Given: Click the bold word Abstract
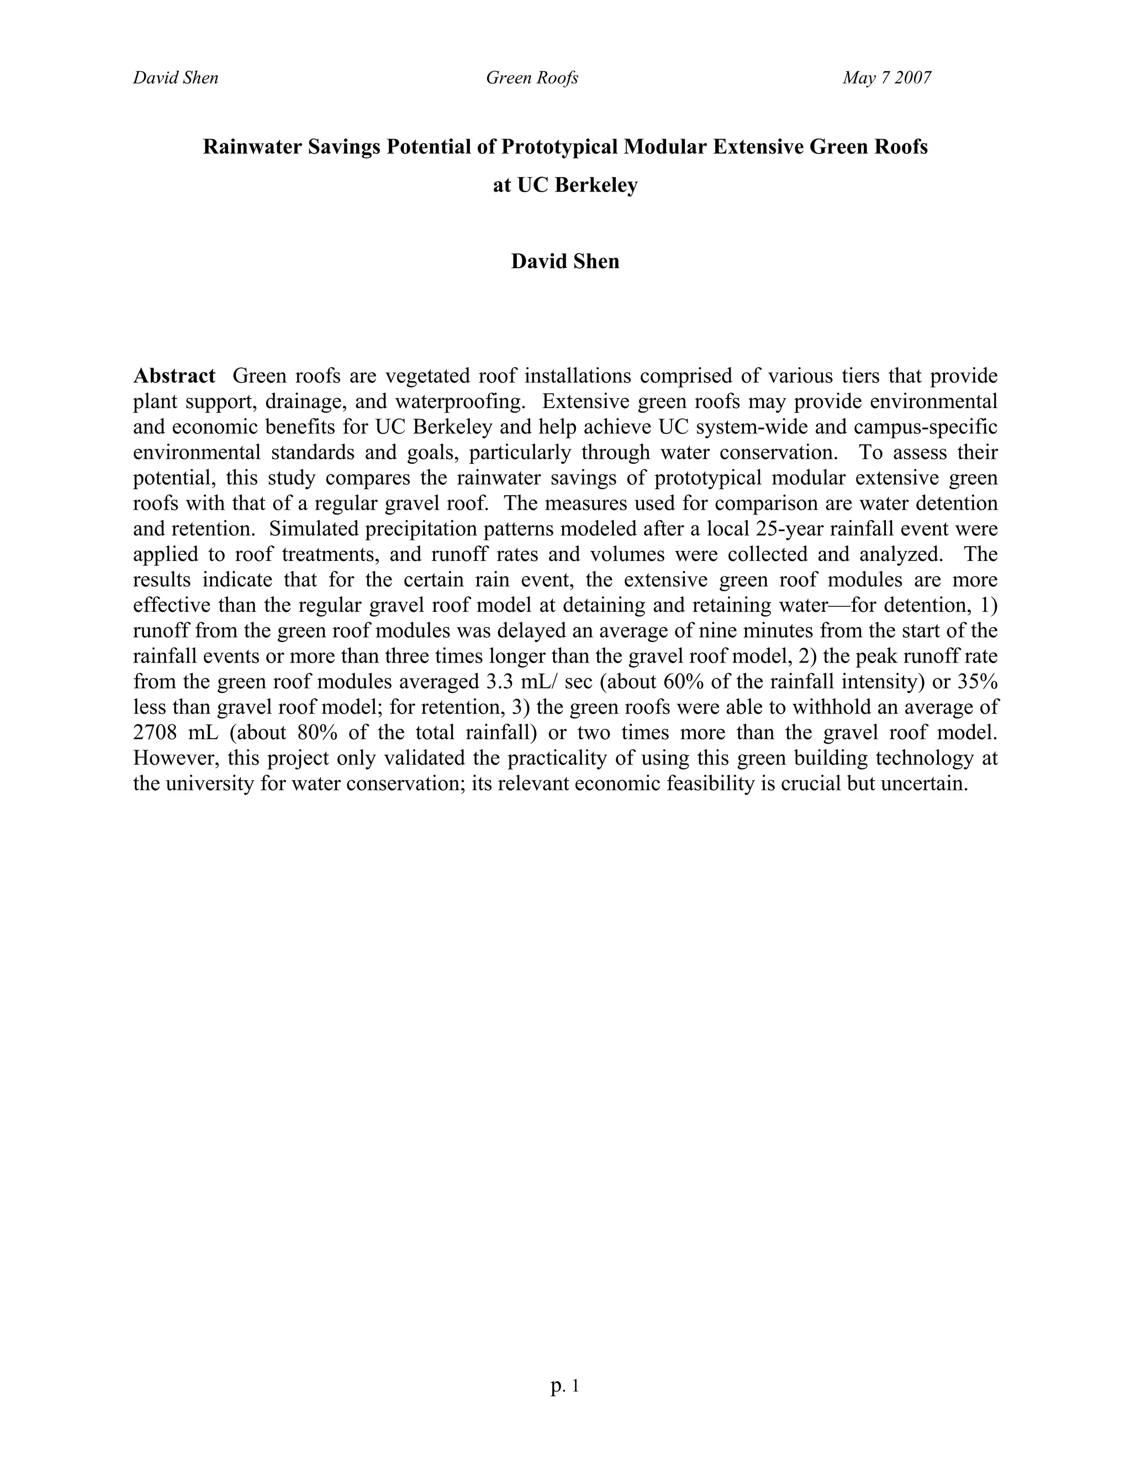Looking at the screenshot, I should point(174,376).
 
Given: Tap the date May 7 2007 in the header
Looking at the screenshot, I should point(886,78).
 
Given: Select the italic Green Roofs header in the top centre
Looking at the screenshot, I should point(532,78).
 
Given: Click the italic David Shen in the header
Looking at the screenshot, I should point(176,78).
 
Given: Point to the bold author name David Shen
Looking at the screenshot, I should point(565,261).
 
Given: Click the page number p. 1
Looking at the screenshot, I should point(565,1385).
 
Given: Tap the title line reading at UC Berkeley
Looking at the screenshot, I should point(565,185).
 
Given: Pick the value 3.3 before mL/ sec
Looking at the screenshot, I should point(496,681).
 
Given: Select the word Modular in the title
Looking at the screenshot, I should point(665,147).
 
